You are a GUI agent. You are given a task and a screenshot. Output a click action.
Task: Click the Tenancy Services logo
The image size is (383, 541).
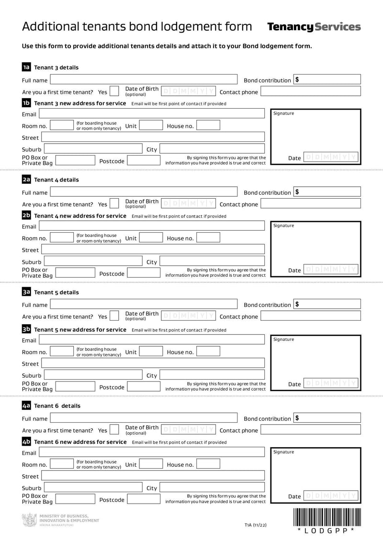[x=314, y=27]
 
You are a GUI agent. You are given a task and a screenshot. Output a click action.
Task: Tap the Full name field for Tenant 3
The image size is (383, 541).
[x=144, y=80]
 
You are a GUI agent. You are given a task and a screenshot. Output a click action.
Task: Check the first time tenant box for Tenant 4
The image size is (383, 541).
[x=114, y=204]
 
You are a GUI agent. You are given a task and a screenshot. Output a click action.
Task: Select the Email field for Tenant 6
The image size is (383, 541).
[x=151, y=452]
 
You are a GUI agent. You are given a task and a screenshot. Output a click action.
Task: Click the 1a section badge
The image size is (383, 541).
[x=26, y=68]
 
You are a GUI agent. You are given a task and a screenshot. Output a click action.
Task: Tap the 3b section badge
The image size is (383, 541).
[x=26, y=329]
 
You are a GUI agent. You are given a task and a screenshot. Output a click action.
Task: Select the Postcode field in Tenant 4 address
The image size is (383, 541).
[x=144, y=273]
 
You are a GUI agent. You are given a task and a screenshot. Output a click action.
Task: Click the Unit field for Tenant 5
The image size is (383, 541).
[x=151, y=352]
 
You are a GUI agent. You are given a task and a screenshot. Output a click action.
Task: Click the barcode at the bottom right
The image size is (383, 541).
[x=327, y=517]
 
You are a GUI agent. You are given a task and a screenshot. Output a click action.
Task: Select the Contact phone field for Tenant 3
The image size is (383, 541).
[x=310, y=92]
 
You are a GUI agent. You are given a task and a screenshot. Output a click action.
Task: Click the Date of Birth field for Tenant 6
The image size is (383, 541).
[x=188, y=430]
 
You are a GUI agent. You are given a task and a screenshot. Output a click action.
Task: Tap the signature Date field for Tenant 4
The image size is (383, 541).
[x=331, y=270]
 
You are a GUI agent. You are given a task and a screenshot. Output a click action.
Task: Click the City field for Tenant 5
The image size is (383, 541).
[x=212, y=375]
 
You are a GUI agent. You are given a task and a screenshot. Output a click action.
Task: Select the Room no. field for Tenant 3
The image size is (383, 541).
[x=61, y=126]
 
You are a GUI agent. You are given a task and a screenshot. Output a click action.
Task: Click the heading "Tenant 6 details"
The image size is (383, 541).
[x=57, y=406]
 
